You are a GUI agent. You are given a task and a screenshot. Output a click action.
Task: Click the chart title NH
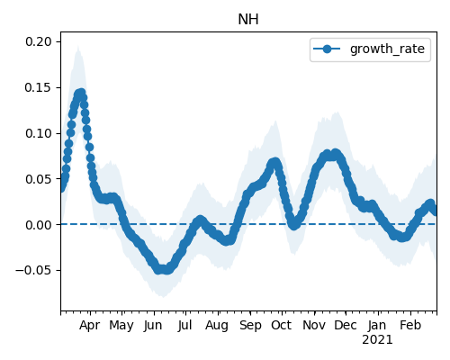point(248,20)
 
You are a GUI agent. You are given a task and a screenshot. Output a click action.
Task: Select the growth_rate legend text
point(387,49)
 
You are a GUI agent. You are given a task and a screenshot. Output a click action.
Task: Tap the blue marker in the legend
point(327,49)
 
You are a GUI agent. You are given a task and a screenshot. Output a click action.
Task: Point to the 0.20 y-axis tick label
point(39,41)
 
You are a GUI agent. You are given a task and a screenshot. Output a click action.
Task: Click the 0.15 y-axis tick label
point(39,87)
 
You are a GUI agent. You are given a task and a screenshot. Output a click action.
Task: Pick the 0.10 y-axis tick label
point(39,133)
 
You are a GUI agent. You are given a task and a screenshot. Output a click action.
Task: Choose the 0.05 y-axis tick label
point(39,179)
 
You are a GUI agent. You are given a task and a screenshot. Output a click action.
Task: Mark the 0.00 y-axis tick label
point(39,225)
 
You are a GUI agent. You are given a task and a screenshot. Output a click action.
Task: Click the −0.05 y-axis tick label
point(34,270)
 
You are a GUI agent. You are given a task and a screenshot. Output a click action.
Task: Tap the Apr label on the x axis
point(89,326)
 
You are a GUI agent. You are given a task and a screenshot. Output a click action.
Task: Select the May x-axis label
point(121,326)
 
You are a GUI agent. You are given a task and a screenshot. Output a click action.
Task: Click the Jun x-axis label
point(153,326)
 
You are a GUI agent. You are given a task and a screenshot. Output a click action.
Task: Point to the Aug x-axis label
point(217,326)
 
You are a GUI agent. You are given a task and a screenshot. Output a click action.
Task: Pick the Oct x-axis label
point(281,325)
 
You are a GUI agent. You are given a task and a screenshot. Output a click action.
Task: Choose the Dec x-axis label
point(346,325)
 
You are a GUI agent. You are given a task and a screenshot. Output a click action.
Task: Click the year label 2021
point(377,340)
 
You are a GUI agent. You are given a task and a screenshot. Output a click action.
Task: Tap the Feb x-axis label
point(410,325)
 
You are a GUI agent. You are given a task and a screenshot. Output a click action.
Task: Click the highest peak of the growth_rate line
point(80,94)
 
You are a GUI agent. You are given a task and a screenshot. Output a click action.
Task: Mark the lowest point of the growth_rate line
point(162,269)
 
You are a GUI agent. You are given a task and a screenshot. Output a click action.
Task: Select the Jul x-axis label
point(184,326)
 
